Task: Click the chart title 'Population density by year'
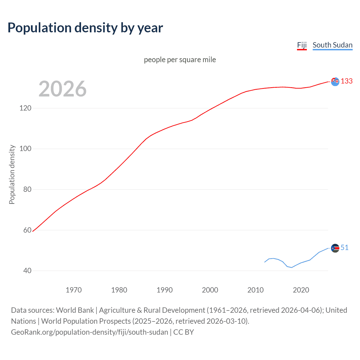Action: (85, 28)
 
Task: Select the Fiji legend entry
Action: (302, 45)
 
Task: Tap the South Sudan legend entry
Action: (332, 45)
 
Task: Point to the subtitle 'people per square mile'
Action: (180, 60)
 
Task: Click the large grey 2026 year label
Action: (62, 89)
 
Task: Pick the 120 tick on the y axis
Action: (25, 108)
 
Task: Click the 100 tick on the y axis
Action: (25, 148)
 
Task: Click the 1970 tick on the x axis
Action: (74, 290)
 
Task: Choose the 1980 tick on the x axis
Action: (119, 290)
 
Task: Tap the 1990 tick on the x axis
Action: (165, 290)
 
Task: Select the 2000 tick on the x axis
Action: (210, 290)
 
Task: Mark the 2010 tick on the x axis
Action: (255, 290)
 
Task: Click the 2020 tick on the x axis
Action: (301, 290)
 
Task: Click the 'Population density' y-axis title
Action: (12, 174)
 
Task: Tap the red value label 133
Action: (346, 81)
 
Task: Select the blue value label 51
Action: (345, 247)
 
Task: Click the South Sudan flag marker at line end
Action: (335, 248)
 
